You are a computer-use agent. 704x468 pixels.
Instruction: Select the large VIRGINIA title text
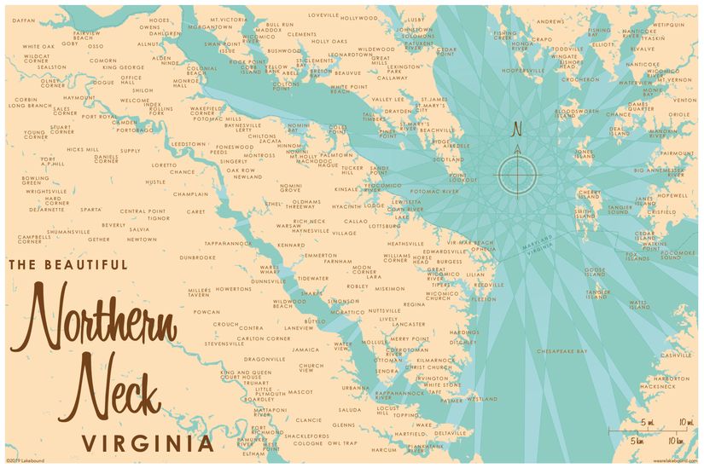[147, 443]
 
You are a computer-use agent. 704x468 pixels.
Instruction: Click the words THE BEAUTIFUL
[68, 265]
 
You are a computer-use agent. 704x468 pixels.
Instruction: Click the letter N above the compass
[515, 130]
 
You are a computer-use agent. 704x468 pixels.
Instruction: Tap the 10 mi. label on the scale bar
[685, 423]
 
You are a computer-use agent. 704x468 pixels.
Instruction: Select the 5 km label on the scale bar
[637, 441]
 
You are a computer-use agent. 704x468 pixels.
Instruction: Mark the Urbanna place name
[355, 388]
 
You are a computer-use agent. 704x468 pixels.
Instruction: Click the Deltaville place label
[451, 433]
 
